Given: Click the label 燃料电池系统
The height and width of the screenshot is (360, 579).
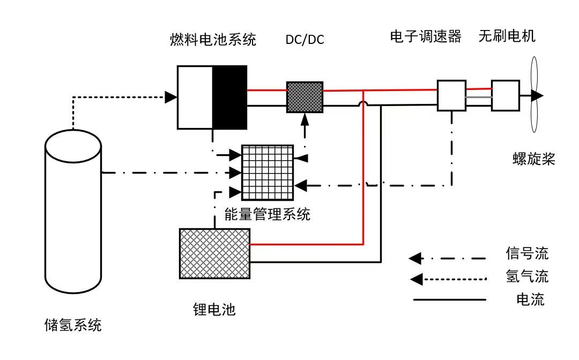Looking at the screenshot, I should tap(212, 40).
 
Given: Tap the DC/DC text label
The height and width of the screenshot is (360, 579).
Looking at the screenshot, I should tap(305, 40).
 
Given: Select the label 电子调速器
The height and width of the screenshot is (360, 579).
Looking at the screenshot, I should tap(426, 36).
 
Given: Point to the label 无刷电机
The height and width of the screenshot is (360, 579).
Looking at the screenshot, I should tap(507, 36).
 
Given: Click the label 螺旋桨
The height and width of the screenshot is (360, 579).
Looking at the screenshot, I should tap(533, 159).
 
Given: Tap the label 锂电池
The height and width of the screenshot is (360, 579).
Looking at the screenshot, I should tap(214, 309).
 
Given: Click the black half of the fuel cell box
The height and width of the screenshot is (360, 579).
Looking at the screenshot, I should tap(230, 97).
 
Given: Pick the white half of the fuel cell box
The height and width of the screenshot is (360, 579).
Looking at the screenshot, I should tap(195, 97).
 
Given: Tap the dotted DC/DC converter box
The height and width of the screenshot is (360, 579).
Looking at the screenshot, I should tap(305, 97).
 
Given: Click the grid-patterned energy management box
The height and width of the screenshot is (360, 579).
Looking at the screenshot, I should tap(268, 172).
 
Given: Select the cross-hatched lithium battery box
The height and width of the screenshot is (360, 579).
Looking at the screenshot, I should tap(214, 253).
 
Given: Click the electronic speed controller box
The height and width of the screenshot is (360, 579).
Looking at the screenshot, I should tap(451, 95).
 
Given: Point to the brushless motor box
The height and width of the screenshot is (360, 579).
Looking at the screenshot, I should tap(505, 95).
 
